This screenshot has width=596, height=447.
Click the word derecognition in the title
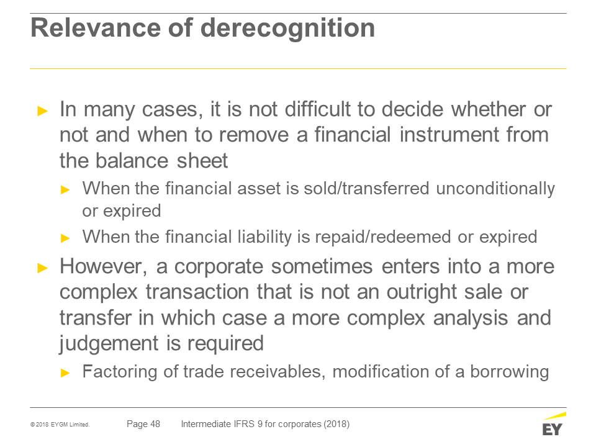tap(287, 29)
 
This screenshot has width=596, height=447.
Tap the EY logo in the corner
tap(554, 424)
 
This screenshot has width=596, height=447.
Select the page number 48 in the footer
tap(155, 424)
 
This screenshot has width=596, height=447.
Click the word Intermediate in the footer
tap(205, 424)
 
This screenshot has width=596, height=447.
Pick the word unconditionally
tap(495, 189)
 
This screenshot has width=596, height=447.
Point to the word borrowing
tap(509, 372)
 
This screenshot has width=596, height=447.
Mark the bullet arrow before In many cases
tap(43, 111)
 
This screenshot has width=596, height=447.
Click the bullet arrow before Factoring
tap(65, 373)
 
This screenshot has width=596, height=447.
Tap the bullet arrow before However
tap(43, 268)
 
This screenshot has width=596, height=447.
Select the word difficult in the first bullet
tap(318, 109)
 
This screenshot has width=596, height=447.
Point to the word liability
tap(264, 237)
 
